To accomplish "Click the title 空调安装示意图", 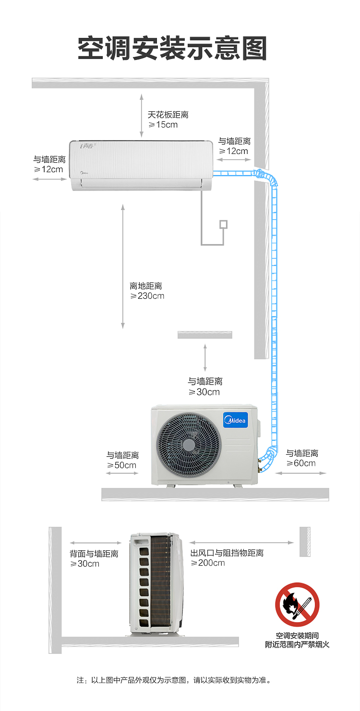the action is tap(172, 48).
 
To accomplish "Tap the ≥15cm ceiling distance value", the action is tap(163, 125).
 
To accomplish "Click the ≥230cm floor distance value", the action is tap(147, 296).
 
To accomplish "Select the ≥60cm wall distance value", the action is tap(301, 463).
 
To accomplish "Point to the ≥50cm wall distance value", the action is tap(121, 465).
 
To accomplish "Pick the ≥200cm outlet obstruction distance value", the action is tap(208, 563).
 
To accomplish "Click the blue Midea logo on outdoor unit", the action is tap(235, 420).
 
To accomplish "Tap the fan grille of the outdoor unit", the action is tap(189, 444).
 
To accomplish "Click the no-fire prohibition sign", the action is tap(297, 604).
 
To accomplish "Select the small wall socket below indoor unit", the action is tap(224, 225).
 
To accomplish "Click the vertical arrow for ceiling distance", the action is tap(142, 116).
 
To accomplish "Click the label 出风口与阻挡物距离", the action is tap(227, 553).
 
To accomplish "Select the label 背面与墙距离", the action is tap(94, 554).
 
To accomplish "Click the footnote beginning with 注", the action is tap(174, 680).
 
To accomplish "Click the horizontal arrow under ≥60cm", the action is tap(300, 473).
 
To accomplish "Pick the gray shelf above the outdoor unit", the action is tap(205, 335).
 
